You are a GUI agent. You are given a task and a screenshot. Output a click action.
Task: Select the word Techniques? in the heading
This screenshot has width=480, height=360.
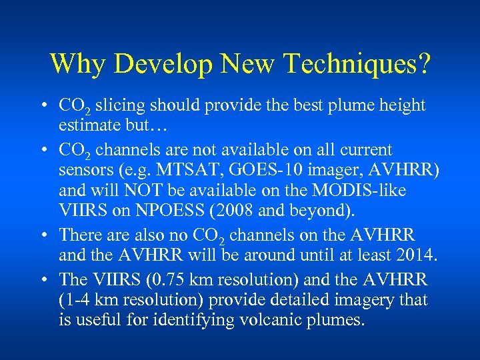[x=357, y=65]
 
